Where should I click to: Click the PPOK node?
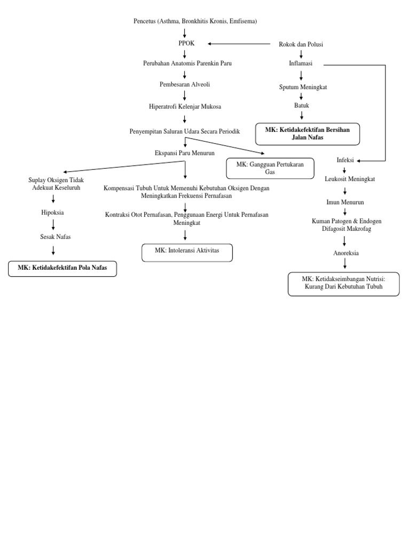(x=184, y=44)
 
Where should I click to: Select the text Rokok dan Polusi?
(x=301, y=44)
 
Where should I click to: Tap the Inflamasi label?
(x=301, y=64)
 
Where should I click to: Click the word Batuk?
(x=301, y=106)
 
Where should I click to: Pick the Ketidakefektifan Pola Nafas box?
(x=62, y=268)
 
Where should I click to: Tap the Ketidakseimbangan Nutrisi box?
(x=344, y=283)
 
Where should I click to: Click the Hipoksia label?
(x=53, y=212)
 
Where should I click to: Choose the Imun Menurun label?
(x=345, y=203)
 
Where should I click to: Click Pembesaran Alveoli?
(x=184, y=85)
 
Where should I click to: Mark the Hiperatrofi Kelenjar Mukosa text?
(x=184, y=107)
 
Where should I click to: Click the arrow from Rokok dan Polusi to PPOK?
(x=240, y=44)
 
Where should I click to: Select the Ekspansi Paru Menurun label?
(x=184, y=153)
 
